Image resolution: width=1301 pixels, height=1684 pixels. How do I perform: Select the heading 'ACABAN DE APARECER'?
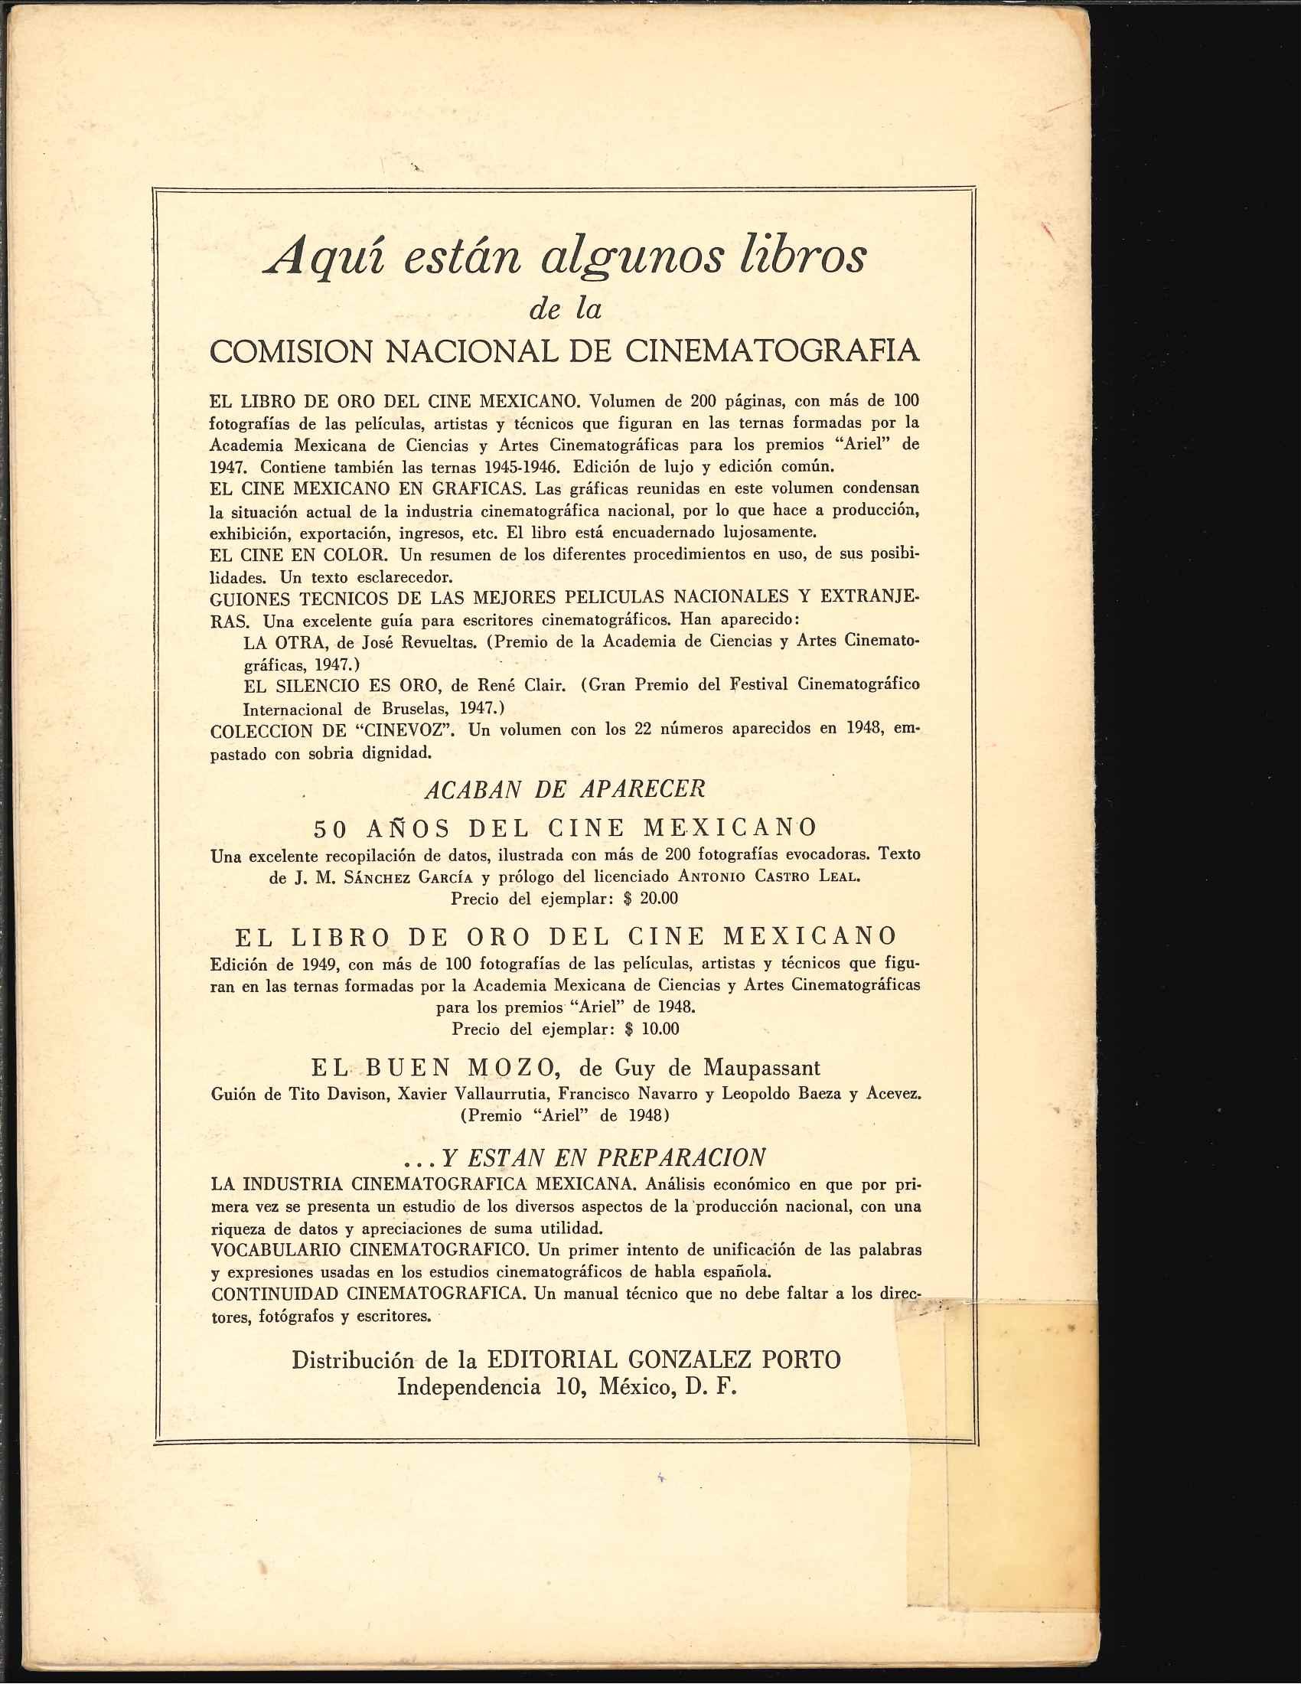(x=564, y=788)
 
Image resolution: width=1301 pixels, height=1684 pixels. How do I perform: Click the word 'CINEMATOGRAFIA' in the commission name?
(x=771, y=351)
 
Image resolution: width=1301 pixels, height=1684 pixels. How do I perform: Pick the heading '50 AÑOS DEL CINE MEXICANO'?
(x=565, y=828)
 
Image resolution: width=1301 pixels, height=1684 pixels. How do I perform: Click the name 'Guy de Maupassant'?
(x=699, y=1068)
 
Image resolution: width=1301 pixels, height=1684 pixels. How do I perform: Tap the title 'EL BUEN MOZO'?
(x=435, y=1068)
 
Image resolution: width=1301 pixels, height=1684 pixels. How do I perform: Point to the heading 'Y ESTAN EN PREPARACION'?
(x=602, y=1157)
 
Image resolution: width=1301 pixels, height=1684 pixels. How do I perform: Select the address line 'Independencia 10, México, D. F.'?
(x=567, y=1387)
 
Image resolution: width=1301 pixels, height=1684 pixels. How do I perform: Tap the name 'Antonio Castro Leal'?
(x=768, y=876)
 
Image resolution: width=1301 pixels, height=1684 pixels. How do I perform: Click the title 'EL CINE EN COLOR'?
(x=298, y=554)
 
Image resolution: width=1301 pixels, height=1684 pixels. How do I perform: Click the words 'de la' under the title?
(x=565, y=309)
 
